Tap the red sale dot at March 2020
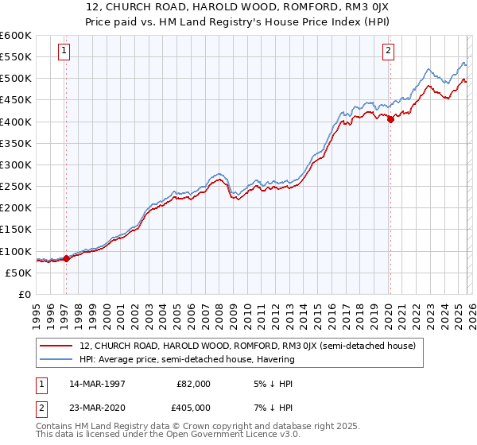coord(390,120)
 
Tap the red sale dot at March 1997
coord(66,258)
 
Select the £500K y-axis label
coord(16,79)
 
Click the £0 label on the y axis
coord(25,295)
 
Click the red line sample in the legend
coord(57,346)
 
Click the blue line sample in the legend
coord(57,360)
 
